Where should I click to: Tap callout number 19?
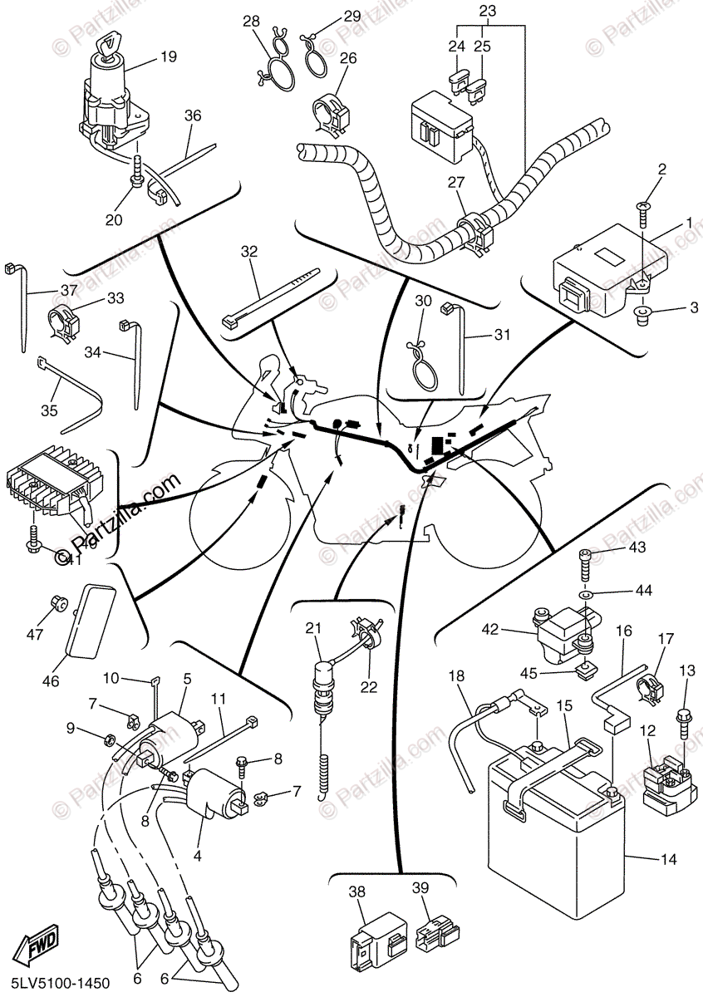(169, 57)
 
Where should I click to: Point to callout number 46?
(51, 681)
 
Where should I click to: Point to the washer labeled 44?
(587, 595)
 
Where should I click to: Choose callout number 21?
(312, 628)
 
